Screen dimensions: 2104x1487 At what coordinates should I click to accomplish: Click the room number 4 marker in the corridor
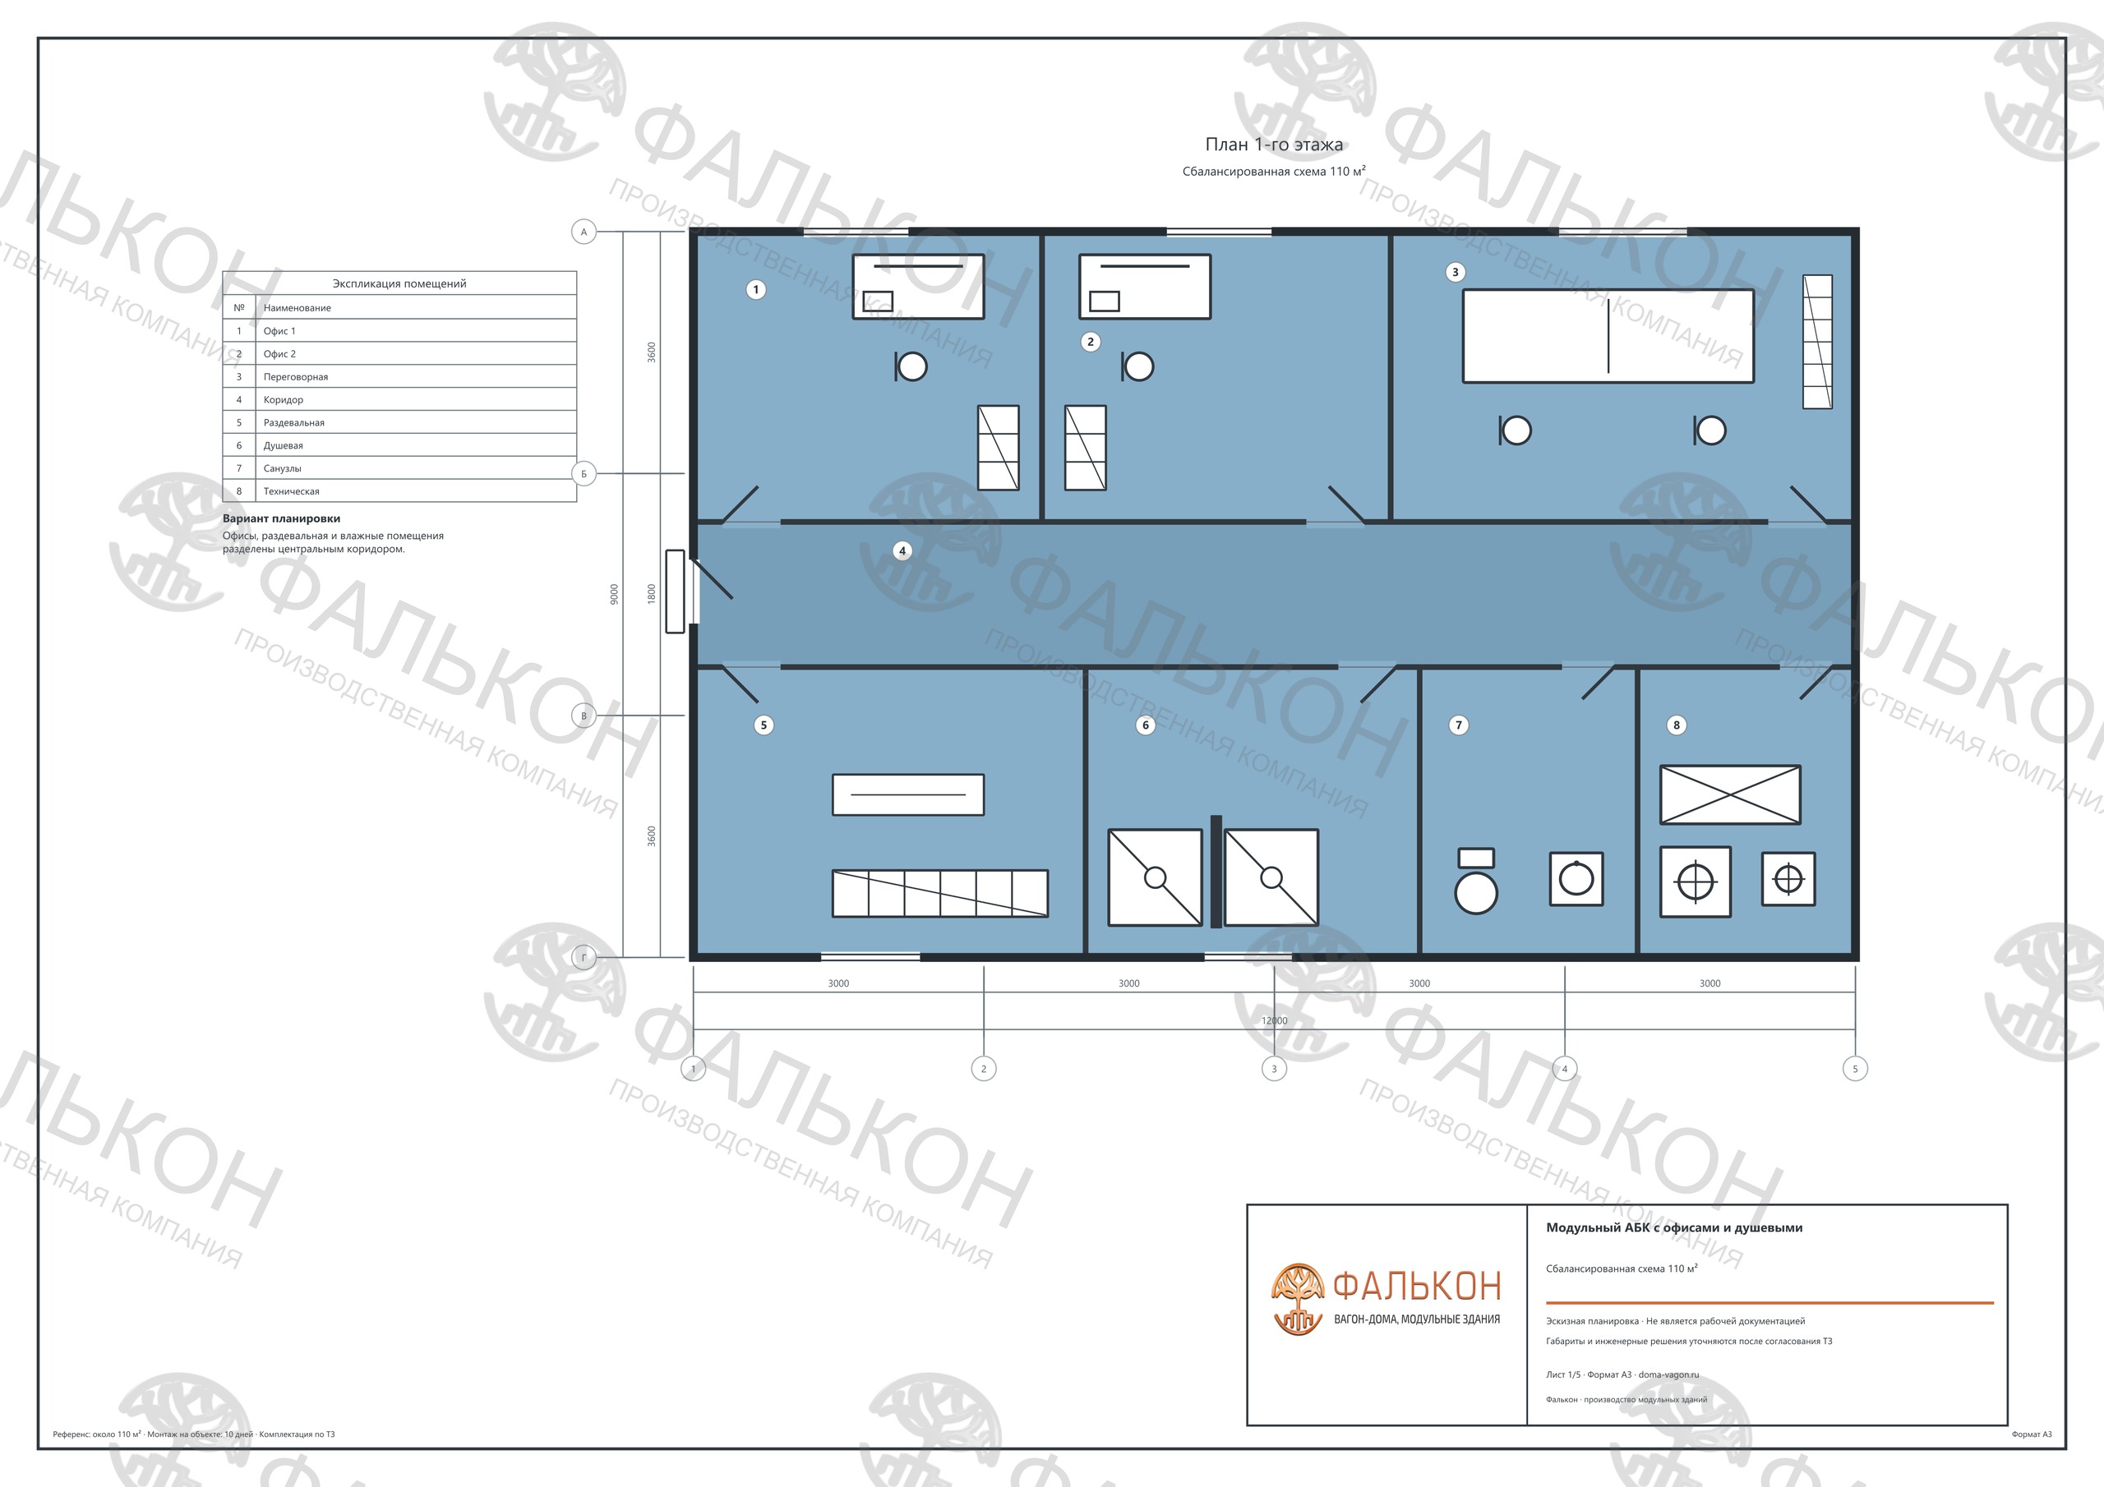pos(902,550)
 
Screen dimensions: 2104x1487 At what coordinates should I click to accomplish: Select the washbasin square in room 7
pos(1576,878)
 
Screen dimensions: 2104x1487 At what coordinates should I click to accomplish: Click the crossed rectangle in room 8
pos(1730,794)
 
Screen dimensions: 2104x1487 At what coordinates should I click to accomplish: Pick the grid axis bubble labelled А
pos(584,232)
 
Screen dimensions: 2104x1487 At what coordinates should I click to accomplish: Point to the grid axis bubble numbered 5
pos(1856,1068)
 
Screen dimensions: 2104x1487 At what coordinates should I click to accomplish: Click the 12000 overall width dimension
pos(1274,1020)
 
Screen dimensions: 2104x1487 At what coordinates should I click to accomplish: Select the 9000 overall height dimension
pos(614,595)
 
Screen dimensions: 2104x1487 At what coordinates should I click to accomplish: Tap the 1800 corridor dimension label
pos(652,595)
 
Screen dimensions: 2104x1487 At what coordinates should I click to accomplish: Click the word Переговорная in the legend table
pos(296,376)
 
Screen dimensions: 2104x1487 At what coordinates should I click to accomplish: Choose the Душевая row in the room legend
pos(399,445)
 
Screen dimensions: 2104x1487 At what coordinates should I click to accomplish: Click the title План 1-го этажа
pos(1274,144)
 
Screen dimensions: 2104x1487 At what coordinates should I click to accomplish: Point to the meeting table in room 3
pos(1608,336)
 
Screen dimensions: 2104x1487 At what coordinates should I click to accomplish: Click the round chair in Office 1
pos(911,367)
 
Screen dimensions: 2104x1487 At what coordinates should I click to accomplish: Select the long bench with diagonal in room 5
pos(940,893)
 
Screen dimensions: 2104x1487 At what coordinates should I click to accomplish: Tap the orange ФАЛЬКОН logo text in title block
pos(1417,1287)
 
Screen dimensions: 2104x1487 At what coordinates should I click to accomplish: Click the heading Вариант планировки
pos(281,518)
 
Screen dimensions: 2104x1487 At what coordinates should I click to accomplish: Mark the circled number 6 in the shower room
pos(1146,725)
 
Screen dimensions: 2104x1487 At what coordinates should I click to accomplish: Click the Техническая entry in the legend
pos(292,491)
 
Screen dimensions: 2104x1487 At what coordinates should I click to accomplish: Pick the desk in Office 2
pos(1145,287)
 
